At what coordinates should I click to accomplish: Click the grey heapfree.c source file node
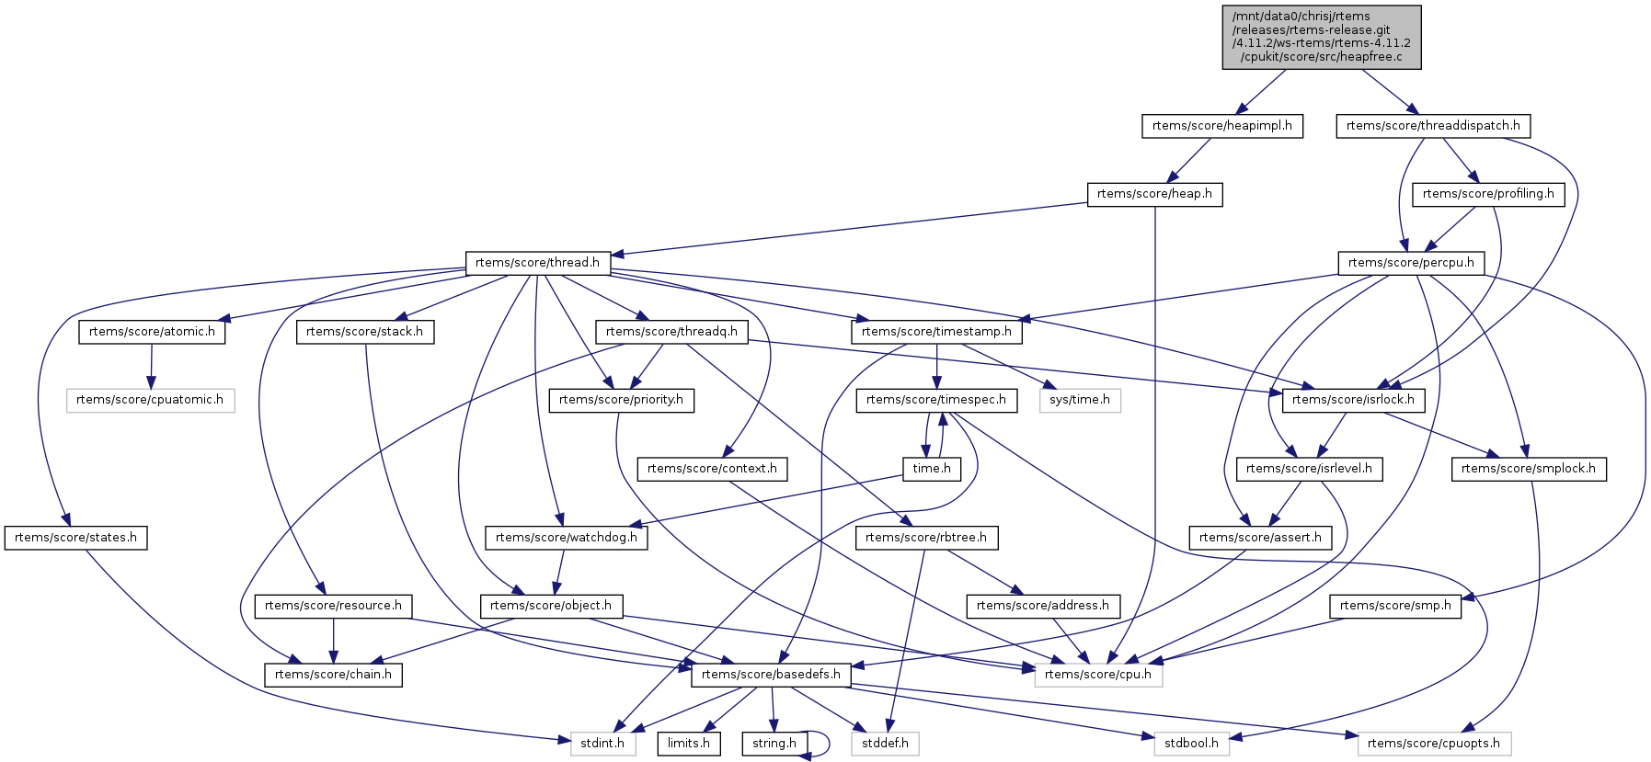(x=1321, y=37)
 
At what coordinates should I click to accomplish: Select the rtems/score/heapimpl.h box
(x=1221, y=126)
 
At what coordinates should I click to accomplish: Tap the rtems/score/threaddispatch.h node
(x=1432, y=126)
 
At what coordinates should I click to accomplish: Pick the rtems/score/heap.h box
(x=1154, y=194)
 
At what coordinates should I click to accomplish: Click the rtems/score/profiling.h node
(x=1487, y=194)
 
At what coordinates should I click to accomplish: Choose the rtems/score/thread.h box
(x=537, y=263)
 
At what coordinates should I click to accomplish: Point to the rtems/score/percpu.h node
(x=1410, y=263)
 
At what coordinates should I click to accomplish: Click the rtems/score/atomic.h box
(x=152, y=332)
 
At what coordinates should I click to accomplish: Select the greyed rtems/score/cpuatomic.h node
(x=150, y=400)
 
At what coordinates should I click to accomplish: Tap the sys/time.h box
(x=1080, y=400)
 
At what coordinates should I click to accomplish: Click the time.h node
(x=932, y=469)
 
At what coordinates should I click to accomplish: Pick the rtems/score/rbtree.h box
(x=925, y=538)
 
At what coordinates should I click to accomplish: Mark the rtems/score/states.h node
(x=75, y=538)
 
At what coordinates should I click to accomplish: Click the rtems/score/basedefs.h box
(x=771, y=675)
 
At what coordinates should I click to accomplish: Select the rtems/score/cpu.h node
(x=1098, y=675)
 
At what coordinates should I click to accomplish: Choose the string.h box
(x=774, y=744)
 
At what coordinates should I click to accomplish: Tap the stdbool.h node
(x=1191, y=744)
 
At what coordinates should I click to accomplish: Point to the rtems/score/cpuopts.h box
(x=1433, y=744)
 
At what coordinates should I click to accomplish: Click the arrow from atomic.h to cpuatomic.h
(x=152, y=366)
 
